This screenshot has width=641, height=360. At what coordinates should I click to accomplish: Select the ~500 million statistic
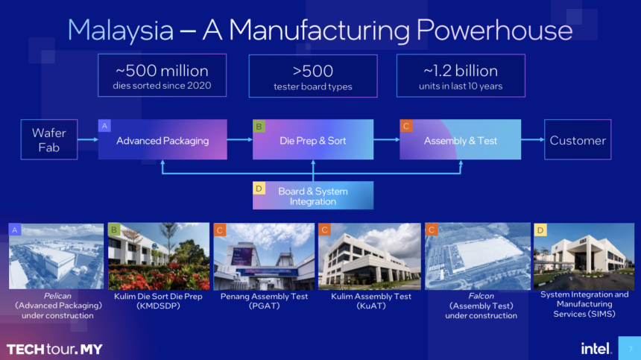(x=162, y=72)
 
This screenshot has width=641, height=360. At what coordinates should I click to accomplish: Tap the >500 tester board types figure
(x=312, y=72)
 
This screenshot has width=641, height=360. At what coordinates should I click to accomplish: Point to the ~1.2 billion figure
(x=460, y=72)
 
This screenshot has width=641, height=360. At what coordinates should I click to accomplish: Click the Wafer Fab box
(x=49, y=139)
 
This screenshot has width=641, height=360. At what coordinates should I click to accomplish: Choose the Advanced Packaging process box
(x=162, y=139)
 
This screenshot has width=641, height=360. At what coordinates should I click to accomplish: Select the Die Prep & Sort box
(x=312, y=139)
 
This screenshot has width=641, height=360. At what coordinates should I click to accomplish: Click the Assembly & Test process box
(x=460, y=139)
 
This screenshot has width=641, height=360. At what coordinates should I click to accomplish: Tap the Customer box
(x=578, y=139)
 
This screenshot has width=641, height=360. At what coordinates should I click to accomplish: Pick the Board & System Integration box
(x=312, y=195)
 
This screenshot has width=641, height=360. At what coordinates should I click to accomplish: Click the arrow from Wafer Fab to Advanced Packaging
(x=87, y=139)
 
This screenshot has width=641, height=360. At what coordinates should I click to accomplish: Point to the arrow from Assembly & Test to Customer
(x=532, y=139)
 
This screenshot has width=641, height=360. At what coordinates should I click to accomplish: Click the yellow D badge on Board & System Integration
(x=259, y=188)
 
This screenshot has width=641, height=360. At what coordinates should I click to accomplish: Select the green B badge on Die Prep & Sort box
(x=259, y=126)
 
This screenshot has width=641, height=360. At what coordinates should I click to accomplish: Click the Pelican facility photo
(x=56, y=256)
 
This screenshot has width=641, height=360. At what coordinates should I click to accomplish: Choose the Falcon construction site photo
(x=477, y=256)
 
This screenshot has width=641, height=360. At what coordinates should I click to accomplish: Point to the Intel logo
(x=596, y=348)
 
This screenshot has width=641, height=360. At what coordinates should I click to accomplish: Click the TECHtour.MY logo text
(x=54, y=349)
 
